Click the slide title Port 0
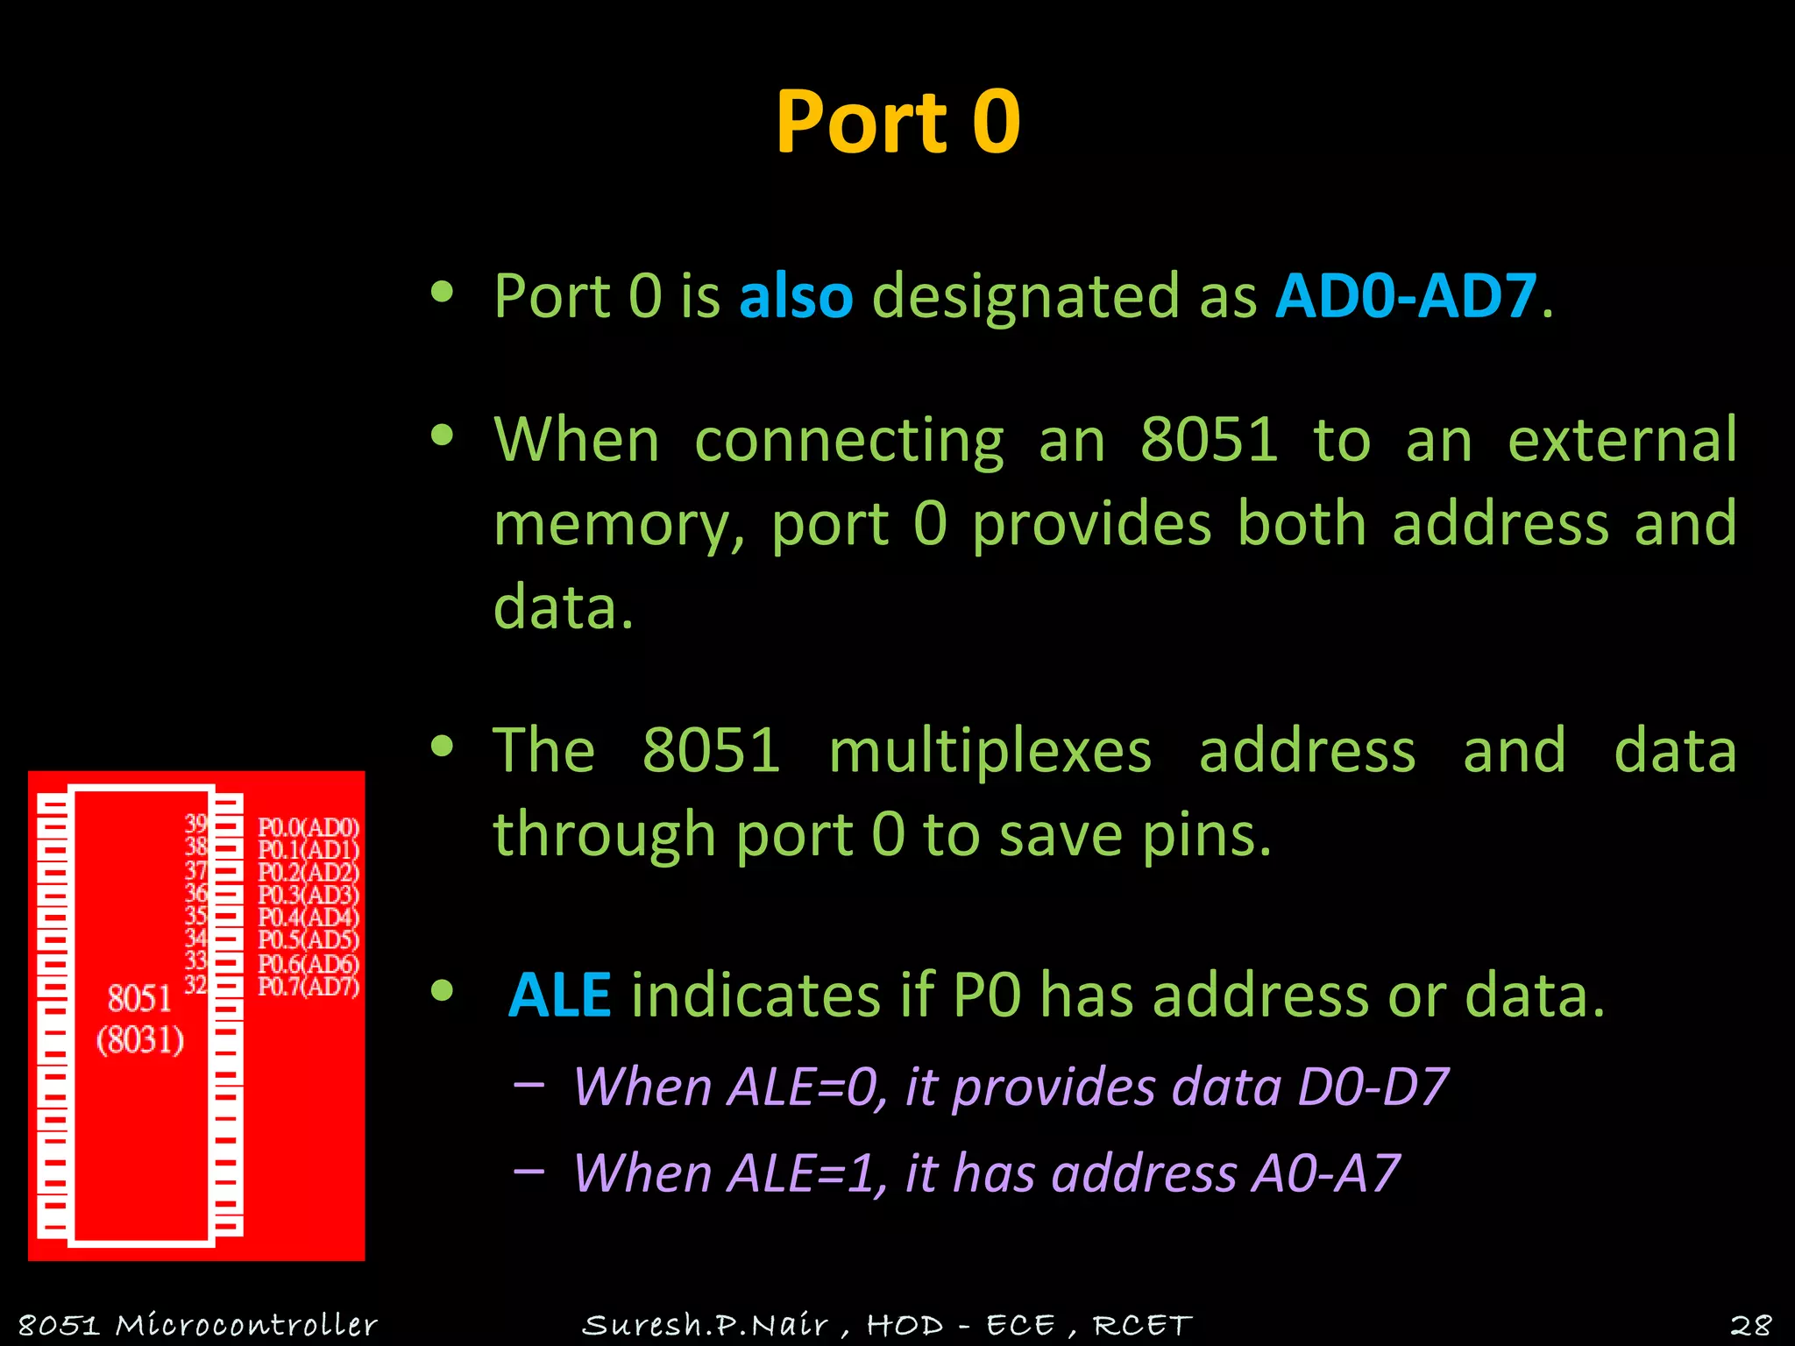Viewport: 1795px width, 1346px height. (897, 123)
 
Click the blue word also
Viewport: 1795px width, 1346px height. (796, 296)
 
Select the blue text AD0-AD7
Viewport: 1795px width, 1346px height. (1406, 296)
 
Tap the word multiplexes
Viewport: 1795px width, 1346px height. (990, 752)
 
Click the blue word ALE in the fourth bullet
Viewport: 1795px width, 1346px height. (559, 995)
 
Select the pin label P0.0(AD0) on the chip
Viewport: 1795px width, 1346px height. (309, 827)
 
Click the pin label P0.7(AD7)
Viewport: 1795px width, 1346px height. (309, 987)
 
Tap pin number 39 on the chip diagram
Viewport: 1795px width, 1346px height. (195, 824)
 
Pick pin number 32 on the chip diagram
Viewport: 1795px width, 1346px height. (195, 985)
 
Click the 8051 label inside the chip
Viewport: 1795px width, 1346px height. (139, 998)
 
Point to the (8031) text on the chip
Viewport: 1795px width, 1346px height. (140, 1040)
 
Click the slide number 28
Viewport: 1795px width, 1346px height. (1750, 1324)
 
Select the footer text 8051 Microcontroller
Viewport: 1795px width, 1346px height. (197, 1324)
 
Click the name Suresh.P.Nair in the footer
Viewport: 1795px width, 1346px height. (705, 1324)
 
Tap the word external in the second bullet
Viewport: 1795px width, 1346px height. (1621, 440)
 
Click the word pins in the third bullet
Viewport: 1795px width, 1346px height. (1206, 834)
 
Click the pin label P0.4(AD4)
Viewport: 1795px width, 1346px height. (309, 917)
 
